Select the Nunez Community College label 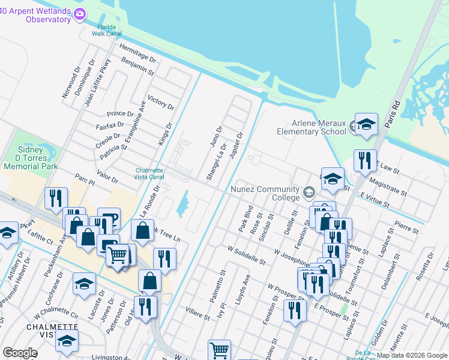[265, 193]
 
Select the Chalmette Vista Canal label [149, 173]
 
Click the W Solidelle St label [246, 254]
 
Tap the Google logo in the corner [20, 352]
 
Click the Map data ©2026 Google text [412, 355]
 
